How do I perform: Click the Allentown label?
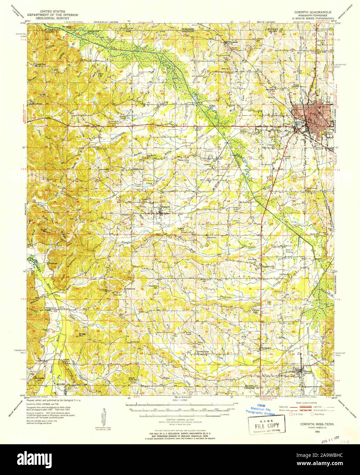pos(211,237)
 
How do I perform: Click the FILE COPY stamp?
pos(266,426)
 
